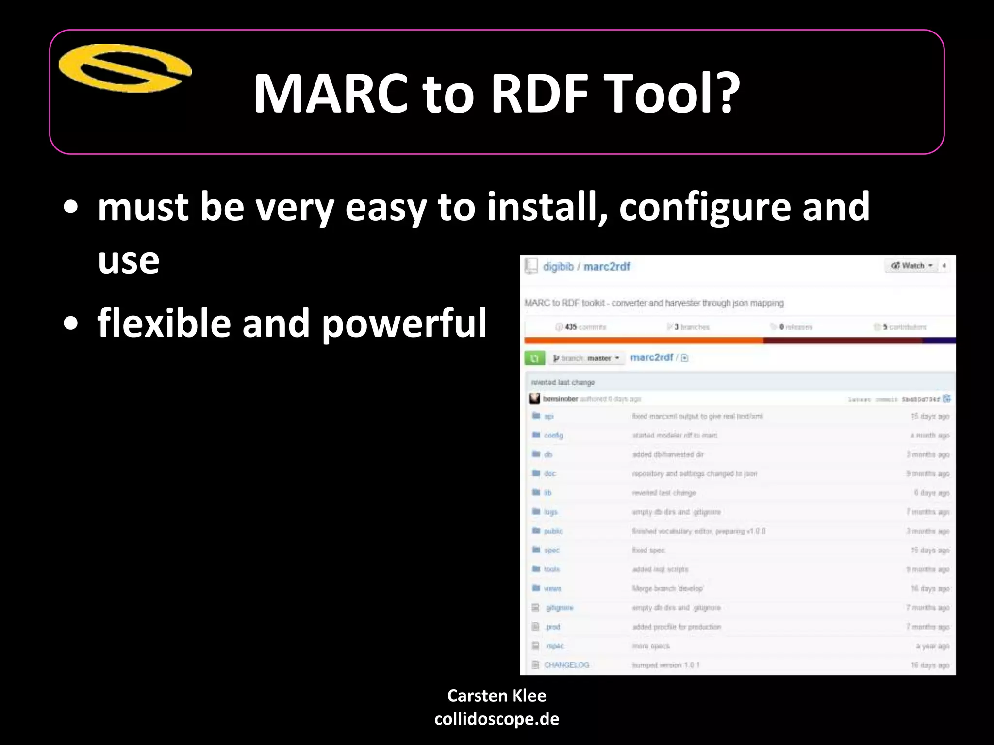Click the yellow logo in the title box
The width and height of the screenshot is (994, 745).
tap(125, 68)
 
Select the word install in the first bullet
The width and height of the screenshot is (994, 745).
tap(547, 207)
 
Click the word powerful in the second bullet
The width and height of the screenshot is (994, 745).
tap(404, 324)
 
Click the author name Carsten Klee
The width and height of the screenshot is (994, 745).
tap(497, 696)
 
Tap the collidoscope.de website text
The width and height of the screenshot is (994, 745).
tap(497, 719)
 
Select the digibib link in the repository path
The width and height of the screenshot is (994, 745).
tap(558, 267)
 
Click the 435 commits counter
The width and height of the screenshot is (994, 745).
tap(581, 327)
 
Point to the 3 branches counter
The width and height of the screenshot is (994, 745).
tap(689, 327)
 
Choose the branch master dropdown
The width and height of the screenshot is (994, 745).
tap(586, 358)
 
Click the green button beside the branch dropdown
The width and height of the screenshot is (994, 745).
tap(534, 358)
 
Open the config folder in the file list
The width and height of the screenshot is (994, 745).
tap(553, 435)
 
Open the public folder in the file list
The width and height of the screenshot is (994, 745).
tap(553, 531)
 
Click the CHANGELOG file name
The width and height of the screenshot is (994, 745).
tap(566, 665)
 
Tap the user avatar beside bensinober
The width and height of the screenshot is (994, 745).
tap(534, 399)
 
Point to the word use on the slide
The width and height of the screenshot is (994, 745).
tap(129, 261)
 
